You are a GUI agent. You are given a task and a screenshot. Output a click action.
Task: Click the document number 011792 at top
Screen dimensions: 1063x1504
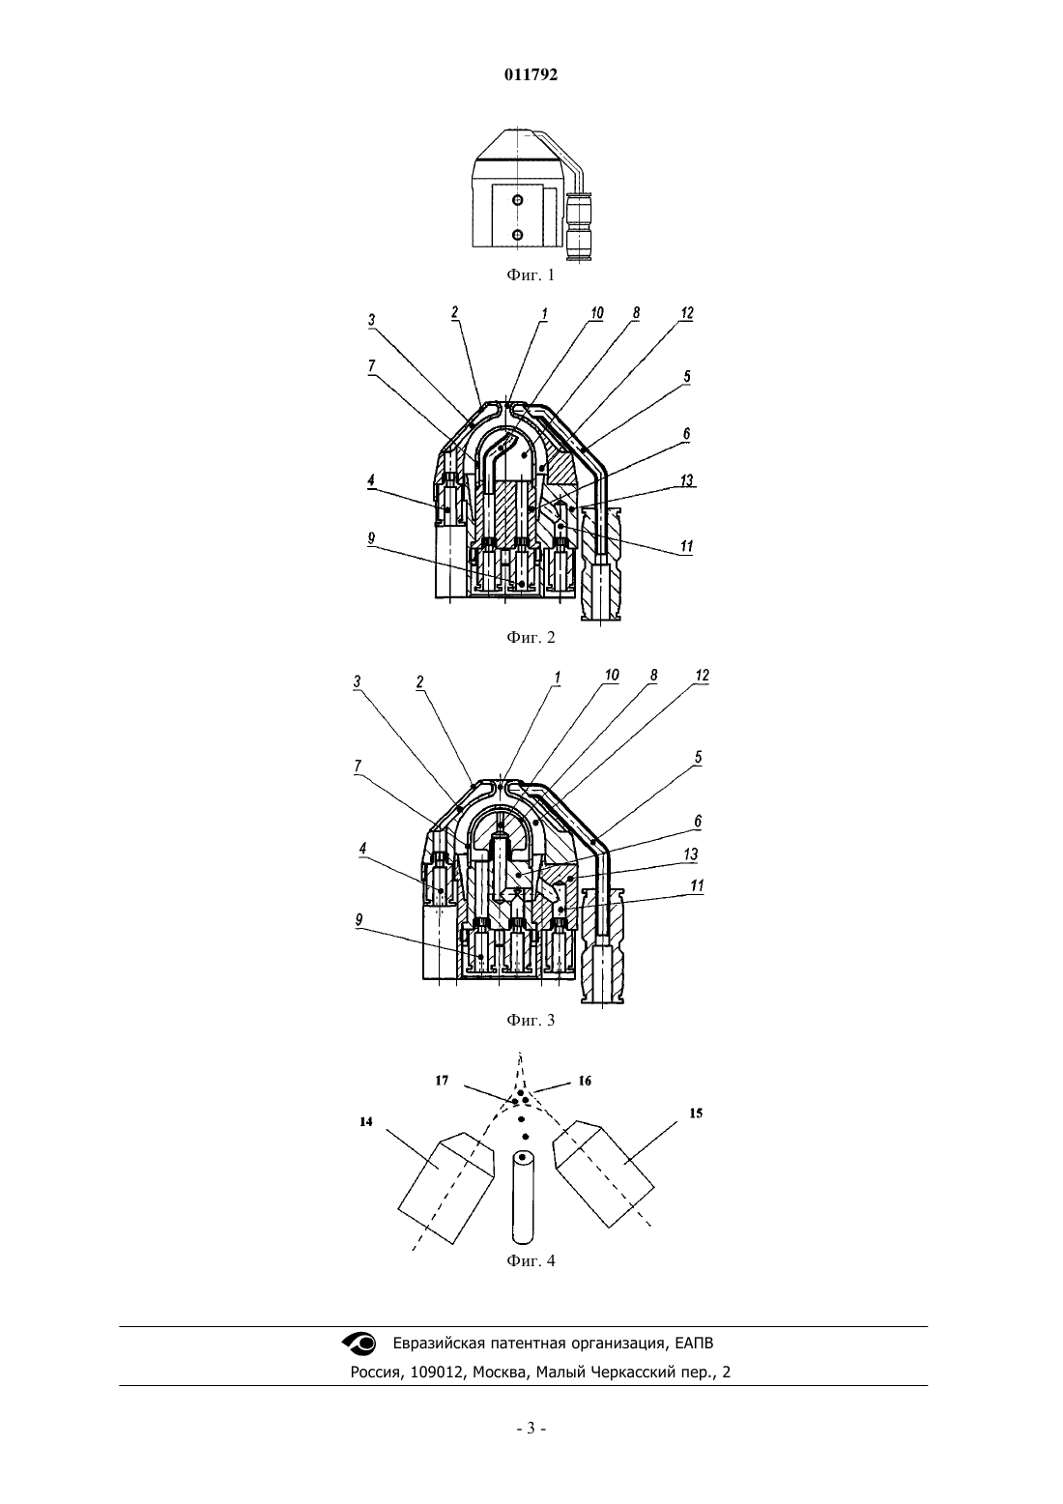click(531, 74)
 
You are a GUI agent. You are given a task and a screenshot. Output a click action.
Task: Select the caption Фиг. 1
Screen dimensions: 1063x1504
click(531, 275)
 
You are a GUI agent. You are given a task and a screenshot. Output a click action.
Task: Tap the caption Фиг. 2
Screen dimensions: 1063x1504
click(531, 637)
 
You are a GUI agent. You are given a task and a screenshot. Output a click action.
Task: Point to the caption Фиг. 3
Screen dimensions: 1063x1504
click(531, 1020)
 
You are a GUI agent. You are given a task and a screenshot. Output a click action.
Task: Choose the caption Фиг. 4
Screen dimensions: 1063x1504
click(531, 1260)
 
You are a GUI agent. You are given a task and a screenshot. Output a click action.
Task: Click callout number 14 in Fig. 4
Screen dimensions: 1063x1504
click(365, 1121)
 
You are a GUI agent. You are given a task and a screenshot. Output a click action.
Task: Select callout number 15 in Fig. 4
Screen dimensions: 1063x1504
click(696, 1114)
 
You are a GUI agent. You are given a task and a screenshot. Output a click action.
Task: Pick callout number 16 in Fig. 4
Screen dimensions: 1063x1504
click(585, 1081)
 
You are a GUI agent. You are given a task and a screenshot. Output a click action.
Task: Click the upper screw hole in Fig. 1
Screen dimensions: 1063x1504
click(517, 200)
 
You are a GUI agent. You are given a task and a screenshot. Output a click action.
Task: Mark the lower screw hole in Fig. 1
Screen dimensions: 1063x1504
click(517, 234)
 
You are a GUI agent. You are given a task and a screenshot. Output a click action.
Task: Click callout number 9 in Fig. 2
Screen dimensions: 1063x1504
click(371, 538)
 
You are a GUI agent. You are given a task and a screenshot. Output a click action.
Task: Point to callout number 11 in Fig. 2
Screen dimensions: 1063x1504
click(686, 546)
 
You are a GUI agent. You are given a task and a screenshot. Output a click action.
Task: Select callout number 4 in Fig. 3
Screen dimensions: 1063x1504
click(363, 850)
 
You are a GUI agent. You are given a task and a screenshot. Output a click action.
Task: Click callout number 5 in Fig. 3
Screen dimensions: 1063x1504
click(698, 758)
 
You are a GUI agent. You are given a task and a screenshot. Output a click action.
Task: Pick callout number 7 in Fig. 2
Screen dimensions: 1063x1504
click(371, 365)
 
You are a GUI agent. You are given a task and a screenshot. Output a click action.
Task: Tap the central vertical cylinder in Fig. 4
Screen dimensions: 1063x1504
click(524, 1197)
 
